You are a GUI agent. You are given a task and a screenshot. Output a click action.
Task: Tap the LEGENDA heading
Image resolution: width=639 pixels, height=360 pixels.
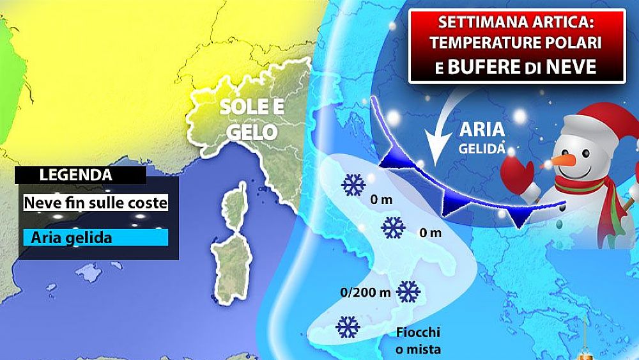point(75,174)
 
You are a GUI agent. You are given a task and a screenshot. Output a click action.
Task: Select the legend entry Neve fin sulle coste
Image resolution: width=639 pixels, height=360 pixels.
point(95,203)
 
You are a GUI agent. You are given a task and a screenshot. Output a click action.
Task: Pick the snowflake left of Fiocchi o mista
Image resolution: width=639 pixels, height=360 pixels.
point(347,327)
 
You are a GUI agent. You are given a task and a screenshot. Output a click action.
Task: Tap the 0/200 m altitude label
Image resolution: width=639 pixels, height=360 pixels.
point(366,293)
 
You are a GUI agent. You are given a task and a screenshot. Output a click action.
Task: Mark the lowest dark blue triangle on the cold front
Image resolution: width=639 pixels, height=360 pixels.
point(519,219)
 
